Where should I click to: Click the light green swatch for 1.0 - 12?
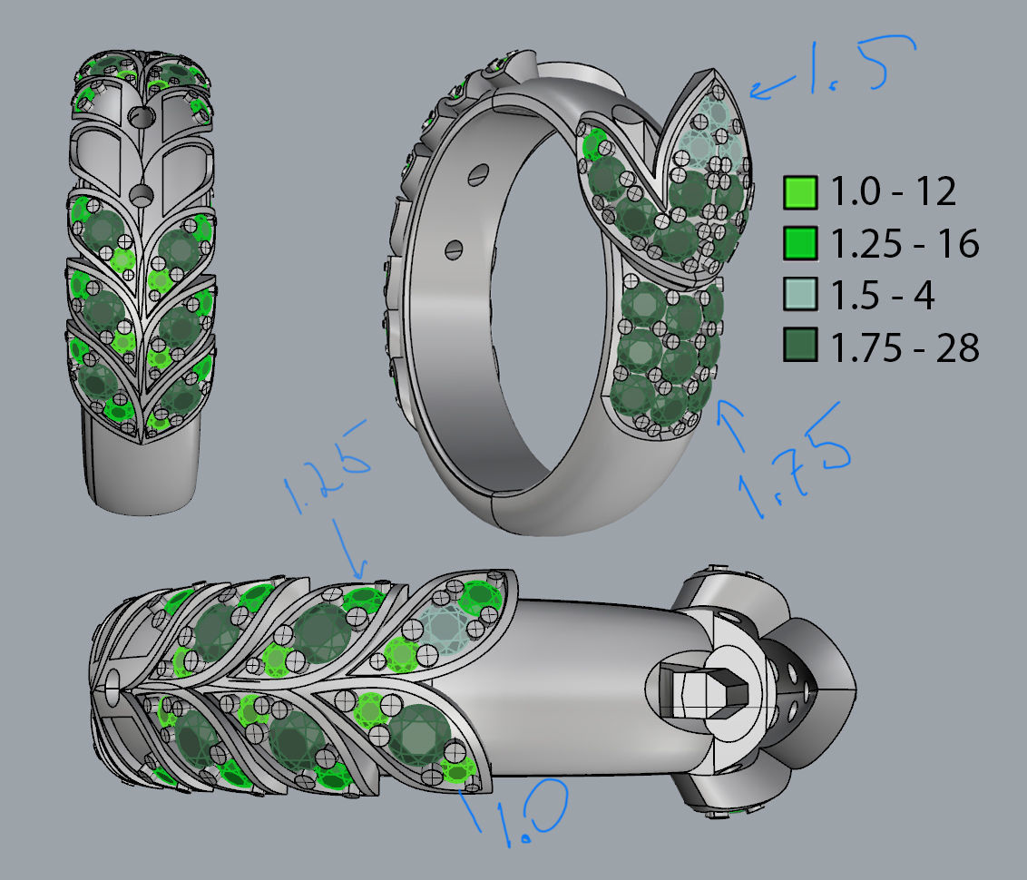click(800, 192)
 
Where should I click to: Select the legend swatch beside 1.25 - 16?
click(800, 243)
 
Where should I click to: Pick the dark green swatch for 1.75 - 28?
click(800, 346)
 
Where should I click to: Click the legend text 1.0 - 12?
click(893, 192)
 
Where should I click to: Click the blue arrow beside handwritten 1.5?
click(771, 89)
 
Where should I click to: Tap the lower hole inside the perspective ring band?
click(454, 247)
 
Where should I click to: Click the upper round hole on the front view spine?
click(142, 117)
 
